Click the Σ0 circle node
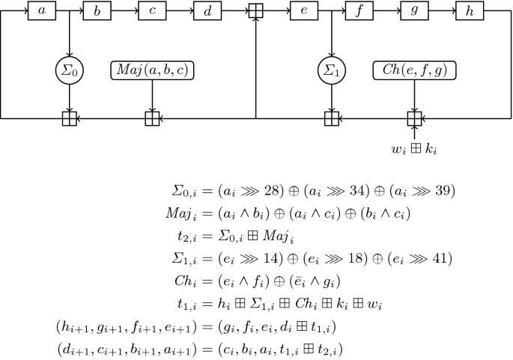[x=69, y=72]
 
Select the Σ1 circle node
[x=331, y=72]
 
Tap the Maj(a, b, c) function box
[x=152, y=71]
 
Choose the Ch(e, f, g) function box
[x=414, y=71]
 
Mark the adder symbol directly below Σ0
[x=69, y=118]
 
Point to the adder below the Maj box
[x=152, y=118]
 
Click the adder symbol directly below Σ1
[x=331, y=118]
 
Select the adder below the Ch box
[x=414, y=118]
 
